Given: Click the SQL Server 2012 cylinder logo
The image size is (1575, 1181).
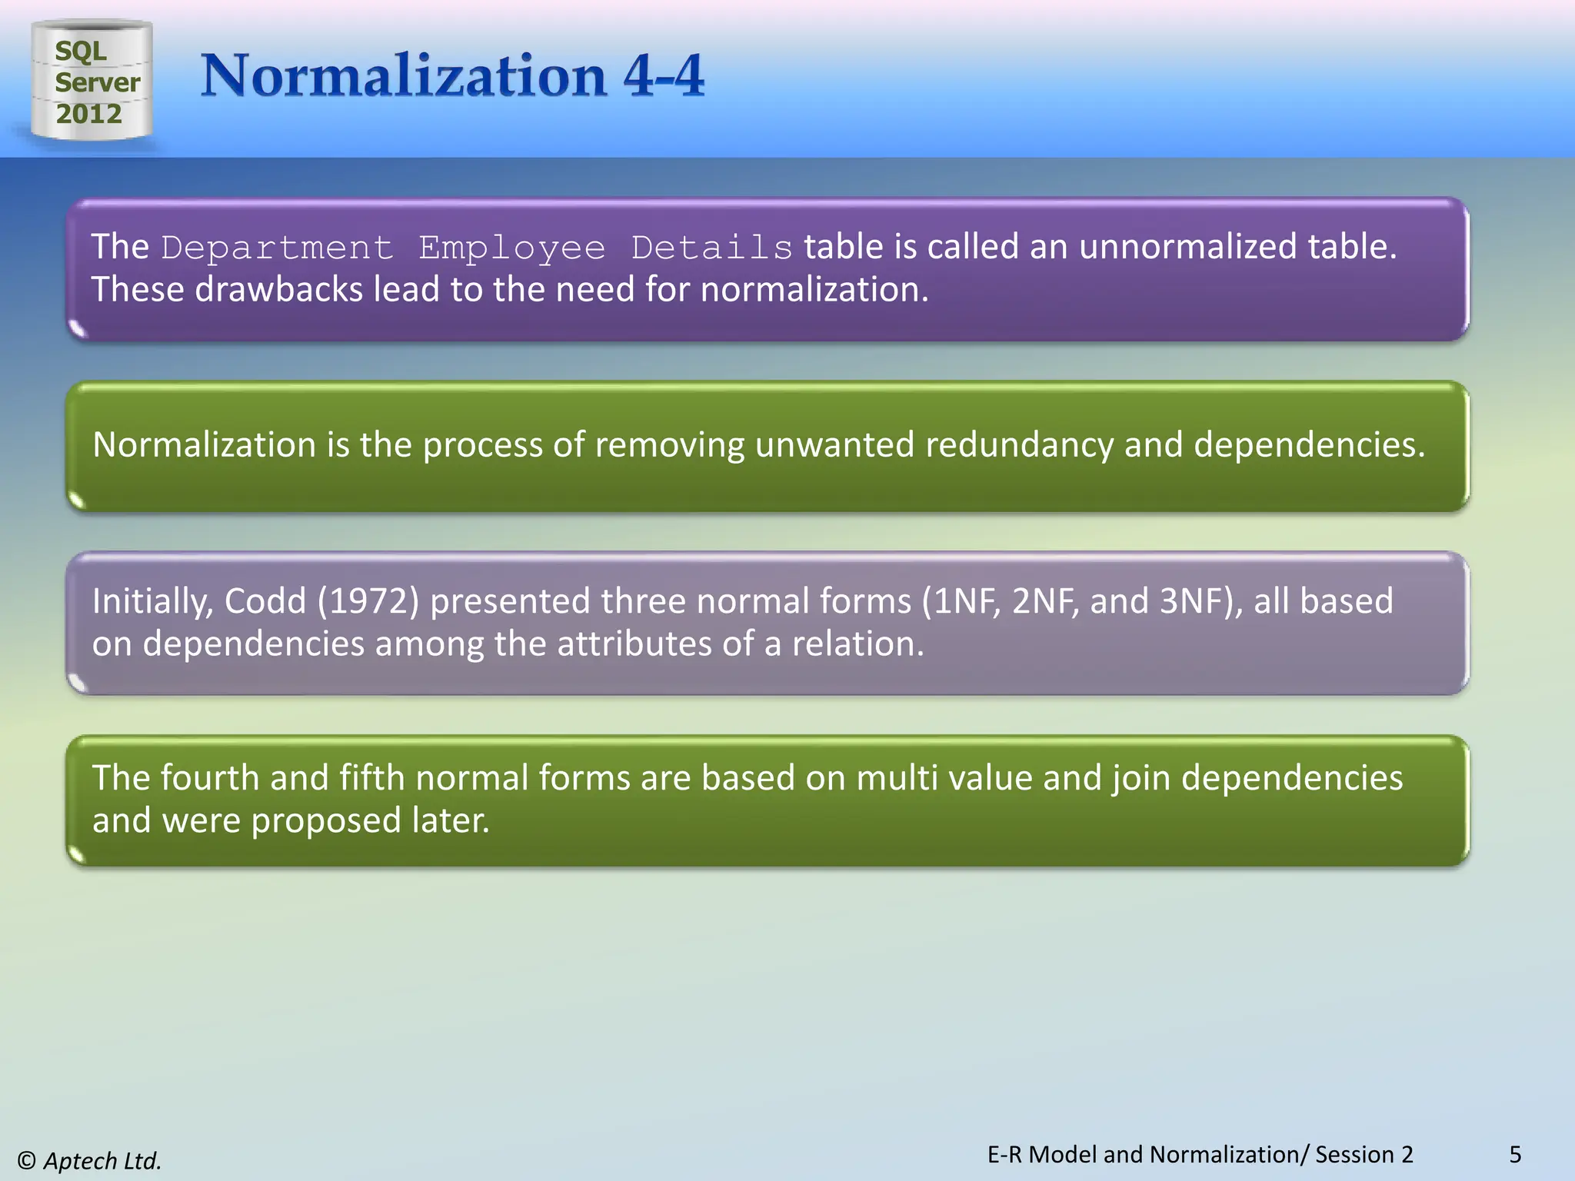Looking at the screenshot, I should [x=92, y=81].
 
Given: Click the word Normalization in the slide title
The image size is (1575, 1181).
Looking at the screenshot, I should [x=404, y=76].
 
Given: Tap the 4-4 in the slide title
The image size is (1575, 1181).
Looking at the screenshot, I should [x=664, y=76].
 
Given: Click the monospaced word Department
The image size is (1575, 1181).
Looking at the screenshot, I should [x=277, y=248].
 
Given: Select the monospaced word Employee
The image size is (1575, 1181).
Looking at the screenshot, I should [x=511, y=248].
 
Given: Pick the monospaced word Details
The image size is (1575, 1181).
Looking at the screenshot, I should [x=711, y=248].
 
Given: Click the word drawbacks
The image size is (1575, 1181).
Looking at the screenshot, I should [x=278, y=290].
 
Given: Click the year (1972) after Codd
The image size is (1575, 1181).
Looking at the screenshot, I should [x=368, y=601].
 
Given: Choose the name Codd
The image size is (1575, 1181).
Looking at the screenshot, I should [x=265, y=601].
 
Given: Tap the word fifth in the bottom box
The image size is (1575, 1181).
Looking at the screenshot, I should [x=372, y=778].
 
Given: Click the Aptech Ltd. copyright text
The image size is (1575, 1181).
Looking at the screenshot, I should [x=90, y=1160].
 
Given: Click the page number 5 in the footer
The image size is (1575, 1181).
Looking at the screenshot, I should [x=1515, y=1154].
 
